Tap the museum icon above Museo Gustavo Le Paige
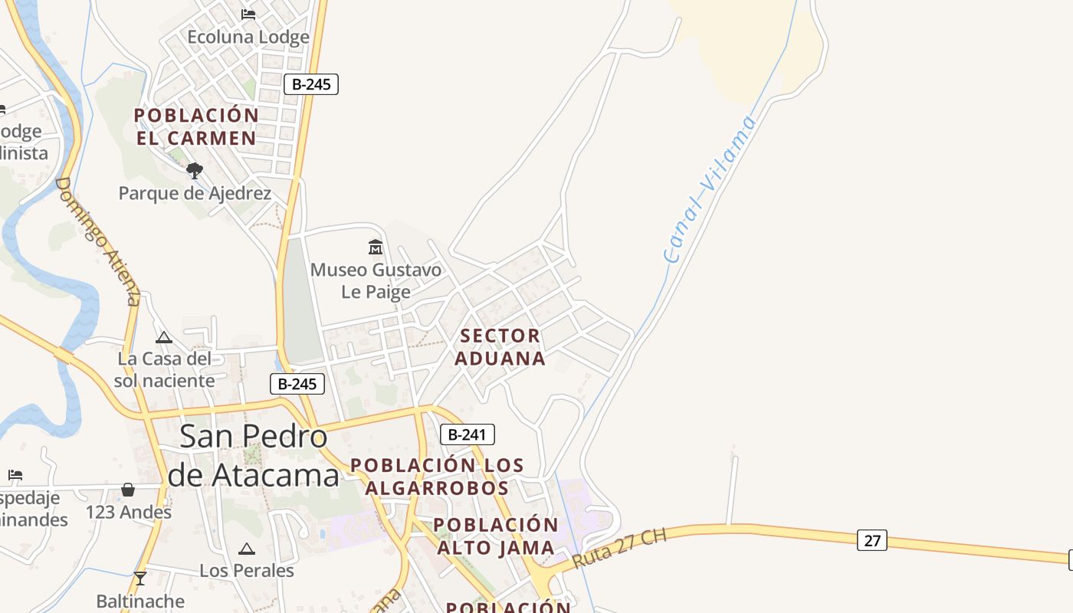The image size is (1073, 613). (x=376, y=247)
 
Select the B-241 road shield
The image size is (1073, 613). (x=468, y=434)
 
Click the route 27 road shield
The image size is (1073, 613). (x=872, y=540)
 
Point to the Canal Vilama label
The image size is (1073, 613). (x=710, y=188)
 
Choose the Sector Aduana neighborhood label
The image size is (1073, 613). (x=500, y=347)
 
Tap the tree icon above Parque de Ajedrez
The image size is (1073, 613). (x=195, y=170)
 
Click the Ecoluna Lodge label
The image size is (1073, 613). (x=248, y=37)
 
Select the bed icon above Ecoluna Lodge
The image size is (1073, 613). (x=248, y=15)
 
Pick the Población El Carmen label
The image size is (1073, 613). (x=196, y=126)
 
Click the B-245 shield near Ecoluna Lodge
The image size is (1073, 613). (x=311, y=84)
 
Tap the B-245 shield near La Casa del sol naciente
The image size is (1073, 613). (x=297, y=384)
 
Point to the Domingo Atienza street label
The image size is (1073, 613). (x=99, y=241)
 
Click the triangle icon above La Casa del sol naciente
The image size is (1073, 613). (x=164, y=337)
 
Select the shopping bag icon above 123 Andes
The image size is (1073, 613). (x=128, y=489)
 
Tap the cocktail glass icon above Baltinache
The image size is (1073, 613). (x=140, y=578)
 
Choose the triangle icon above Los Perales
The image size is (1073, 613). (x=246, y=549)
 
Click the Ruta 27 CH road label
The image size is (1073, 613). (x=619, y=547)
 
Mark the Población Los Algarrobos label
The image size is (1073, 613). (x=437, y=476)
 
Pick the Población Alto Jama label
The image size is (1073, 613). (x=496, y=536)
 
